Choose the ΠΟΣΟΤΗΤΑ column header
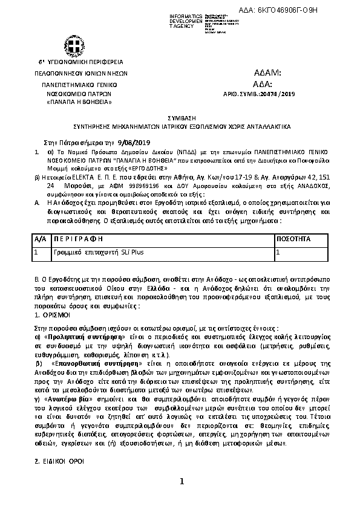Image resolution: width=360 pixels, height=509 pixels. click(x=293, y=239)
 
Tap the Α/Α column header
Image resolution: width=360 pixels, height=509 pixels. click(x=39, y=239)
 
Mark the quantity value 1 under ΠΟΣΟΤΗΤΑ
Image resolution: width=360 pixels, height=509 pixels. click(x=278, y=251)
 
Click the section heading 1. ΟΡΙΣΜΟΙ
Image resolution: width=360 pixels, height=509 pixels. click(x=53, y=315)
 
